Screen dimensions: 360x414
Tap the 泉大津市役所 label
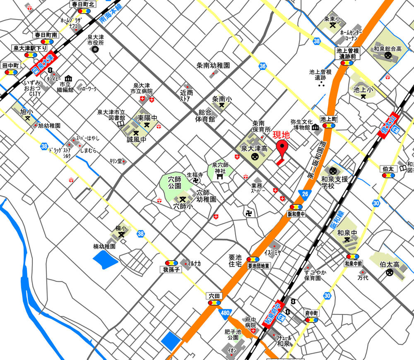(x=95, y=40)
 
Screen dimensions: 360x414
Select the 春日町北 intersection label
(x=83, y=4)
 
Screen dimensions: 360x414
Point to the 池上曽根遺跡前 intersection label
(x=347, y=53)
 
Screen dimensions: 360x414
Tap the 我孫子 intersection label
(x=171, y=270)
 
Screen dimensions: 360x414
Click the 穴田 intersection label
(x=214, y=295)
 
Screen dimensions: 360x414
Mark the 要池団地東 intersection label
(x=259, y=266)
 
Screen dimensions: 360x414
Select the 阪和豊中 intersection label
(x=296, y=214)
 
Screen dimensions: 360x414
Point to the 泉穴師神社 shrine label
(x=220, y=168)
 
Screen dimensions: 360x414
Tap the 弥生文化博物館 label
(x=301, y=125)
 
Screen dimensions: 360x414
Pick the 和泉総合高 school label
(x=388, y=49)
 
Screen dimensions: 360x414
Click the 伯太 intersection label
(x=388, y=169)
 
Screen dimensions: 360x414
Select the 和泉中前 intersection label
(x=353, y=263)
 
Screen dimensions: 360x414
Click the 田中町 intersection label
(x=11, y=66)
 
